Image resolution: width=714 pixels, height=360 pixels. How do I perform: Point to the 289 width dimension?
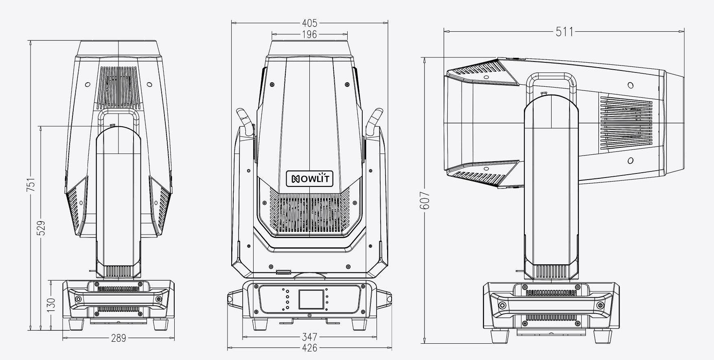118,338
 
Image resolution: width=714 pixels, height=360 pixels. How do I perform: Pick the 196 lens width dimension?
309,35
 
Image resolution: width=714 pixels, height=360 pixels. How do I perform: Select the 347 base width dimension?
310,337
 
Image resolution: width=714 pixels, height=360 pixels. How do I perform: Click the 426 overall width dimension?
310,348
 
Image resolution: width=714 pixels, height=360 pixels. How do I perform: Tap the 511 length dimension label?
564,31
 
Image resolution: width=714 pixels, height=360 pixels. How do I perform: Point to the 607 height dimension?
424,200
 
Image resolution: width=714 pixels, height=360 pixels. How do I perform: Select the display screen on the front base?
311,299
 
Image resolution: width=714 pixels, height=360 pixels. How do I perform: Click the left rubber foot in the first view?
76,324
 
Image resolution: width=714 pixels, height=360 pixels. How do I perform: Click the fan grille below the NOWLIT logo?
310,213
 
